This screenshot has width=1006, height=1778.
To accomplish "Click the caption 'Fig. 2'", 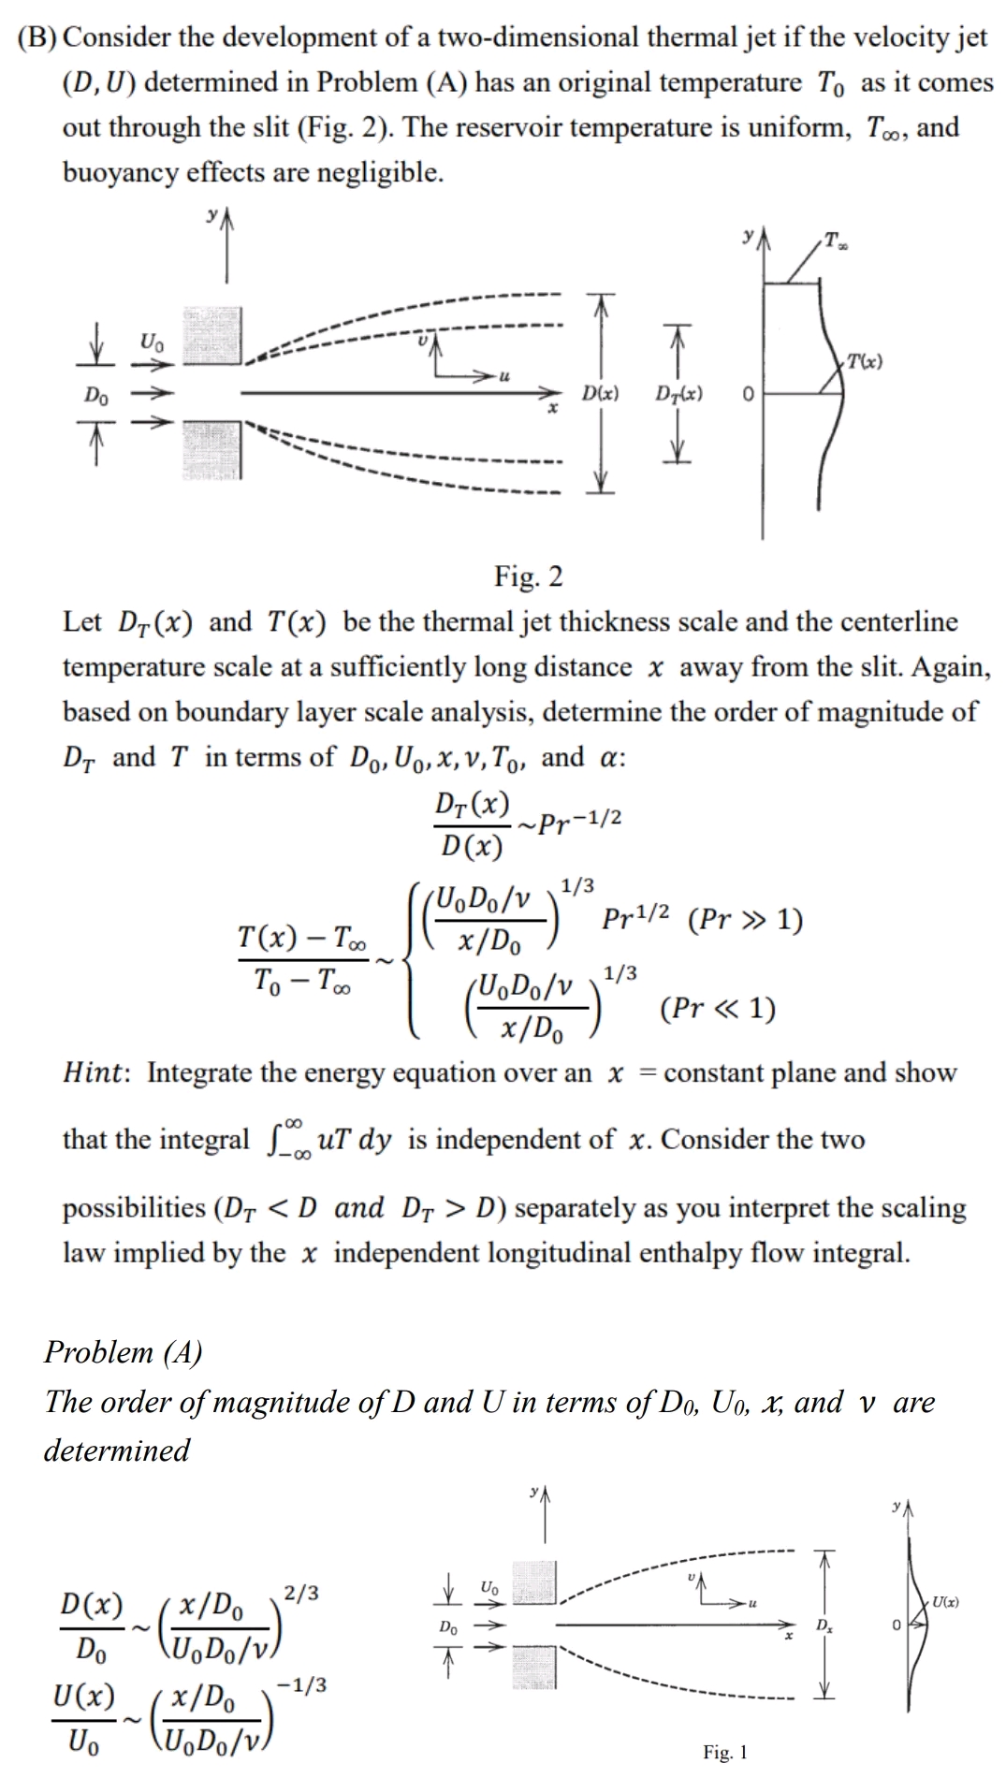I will coord(529,576).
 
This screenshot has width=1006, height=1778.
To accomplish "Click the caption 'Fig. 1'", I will coord(725,1752).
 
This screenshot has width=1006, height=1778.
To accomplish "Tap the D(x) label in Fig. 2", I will coord(600,394).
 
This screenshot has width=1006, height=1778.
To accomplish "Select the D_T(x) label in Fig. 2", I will coord(679,394).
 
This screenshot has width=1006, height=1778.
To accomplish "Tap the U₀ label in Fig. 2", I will coord(152,342).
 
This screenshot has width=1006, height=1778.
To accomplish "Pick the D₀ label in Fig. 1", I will coord(449,1627).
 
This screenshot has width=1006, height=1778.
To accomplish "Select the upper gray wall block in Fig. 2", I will coord(211,335).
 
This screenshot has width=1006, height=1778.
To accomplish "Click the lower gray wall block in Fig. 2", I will coord(211,450).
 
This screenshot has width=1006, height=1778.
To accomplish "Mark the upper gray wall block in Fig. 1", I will coord(535,1582).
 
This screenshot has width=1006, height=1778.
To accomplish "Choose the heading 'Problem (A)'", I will coord(123,1352).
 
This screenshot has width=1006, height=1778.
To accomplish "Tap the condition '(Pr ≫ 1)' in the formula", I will coord(745,920).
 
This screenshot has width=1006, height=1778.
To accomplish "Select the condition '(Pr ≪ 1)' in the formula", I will coord(717,1009).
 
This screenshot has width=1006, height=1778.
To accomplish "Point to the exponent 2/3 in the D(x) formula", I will coord(301,1591).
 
